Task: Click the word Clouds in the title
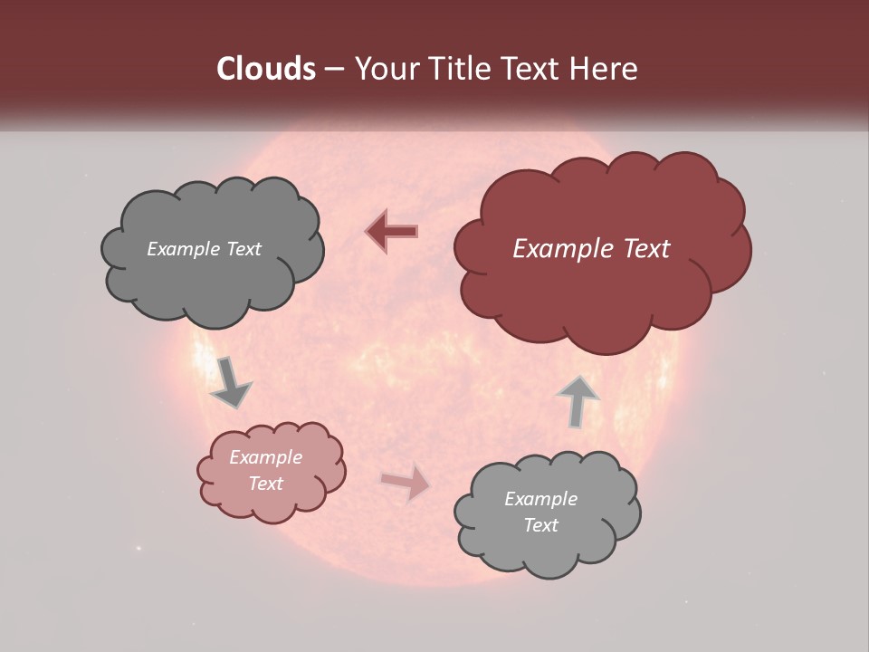[266, 69]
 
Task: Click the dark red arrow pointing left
[392, 232]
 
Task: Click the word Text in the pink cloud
[266, 484]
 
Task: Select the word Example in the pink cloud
[266, 457]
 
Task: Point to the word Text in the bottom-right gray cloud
[540, 525]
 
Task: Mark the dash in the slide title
[333, 69]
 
